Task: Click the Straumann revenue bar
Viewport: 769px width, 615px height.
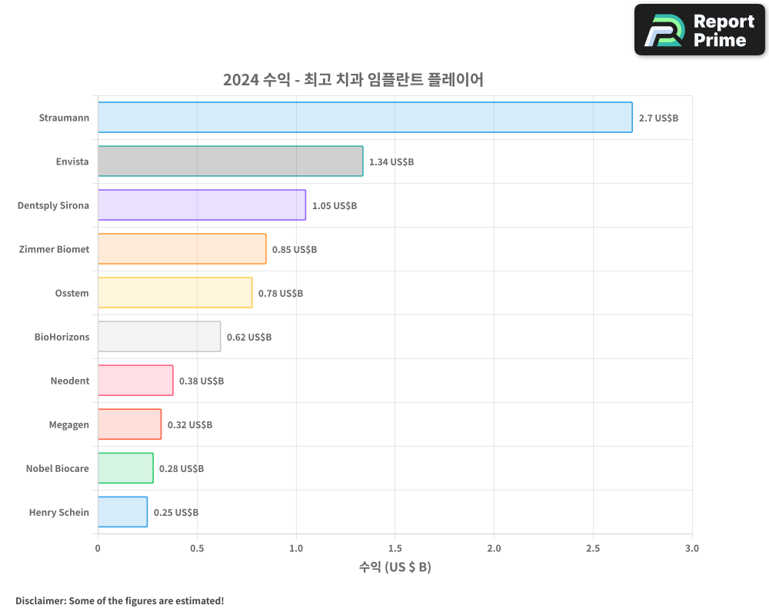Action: [x=365, y=118]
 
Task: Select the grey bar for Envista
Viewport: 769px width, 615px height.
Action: [x=230, y=161]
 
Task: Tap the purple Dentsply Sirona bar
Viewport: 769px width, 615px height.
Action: [x=201, y=205]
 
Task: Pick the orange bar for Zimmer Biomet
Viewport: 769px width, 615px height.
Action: [x=181, y=249]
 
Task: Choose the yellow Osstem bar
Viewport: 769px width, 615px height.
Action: [x=175, y=293]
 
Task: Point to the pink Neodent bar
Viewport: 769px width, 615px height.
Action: [x=135, y=381]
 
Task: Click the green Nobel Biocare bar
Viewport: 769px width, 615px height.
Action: [x=125, y=468]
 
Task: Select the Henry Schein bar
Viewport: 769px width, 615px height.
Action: [x=122, y=512]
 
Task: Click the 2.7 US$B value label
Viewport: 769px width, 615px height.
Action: [x=658, y=118]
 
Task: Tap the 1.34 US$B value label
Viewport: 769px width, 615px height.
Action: [x=391, y=162]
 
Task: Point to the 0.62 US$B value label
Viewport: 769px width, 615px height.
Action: [x=249, y=337]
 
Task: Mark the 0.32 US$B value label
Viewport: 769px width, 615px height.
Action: [x=190, y=425]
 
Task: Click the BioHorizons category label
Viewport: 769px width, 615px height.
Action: [x=62, y=337]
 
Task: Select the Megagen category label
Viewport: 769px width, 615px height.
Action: [x=69, y=425]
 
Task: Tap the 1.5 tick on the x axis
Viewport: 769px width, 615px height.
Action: [x=394, y=549]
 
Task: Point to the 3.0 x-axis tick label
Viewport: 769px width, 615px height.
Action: [x=691, y=549]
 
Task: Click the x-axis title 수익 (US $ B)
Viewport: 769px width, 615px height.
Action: [x=394, y=568]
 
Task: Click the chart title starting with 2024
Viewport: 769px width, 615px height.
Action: [x=353, y=79]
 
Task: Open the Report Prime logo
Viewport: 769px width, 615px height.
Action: [x=700, y=30]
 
